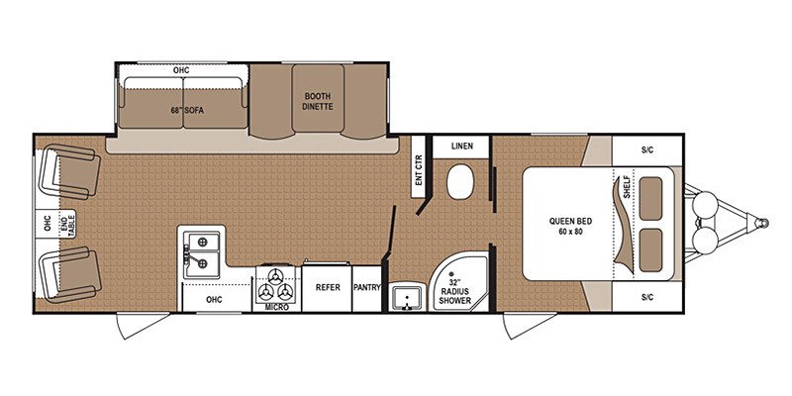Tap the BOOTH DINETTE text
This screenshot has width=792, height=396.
click(318, 100)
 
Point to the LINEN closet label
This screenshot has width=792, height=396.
click(462, 147)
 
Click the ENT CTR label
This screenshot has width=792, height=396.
click(418, 175)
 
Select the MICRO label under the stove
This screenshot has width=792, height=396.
click(276, 308)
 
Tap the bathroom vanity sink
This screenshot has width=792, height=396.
click(407, 298)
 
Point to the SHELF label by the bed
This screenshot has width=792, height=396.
click(626, 188)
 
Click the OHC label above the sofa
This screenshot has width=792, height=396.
click(181, 70)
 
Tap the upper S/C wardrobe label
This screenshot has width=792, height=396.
click(647, 149)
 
